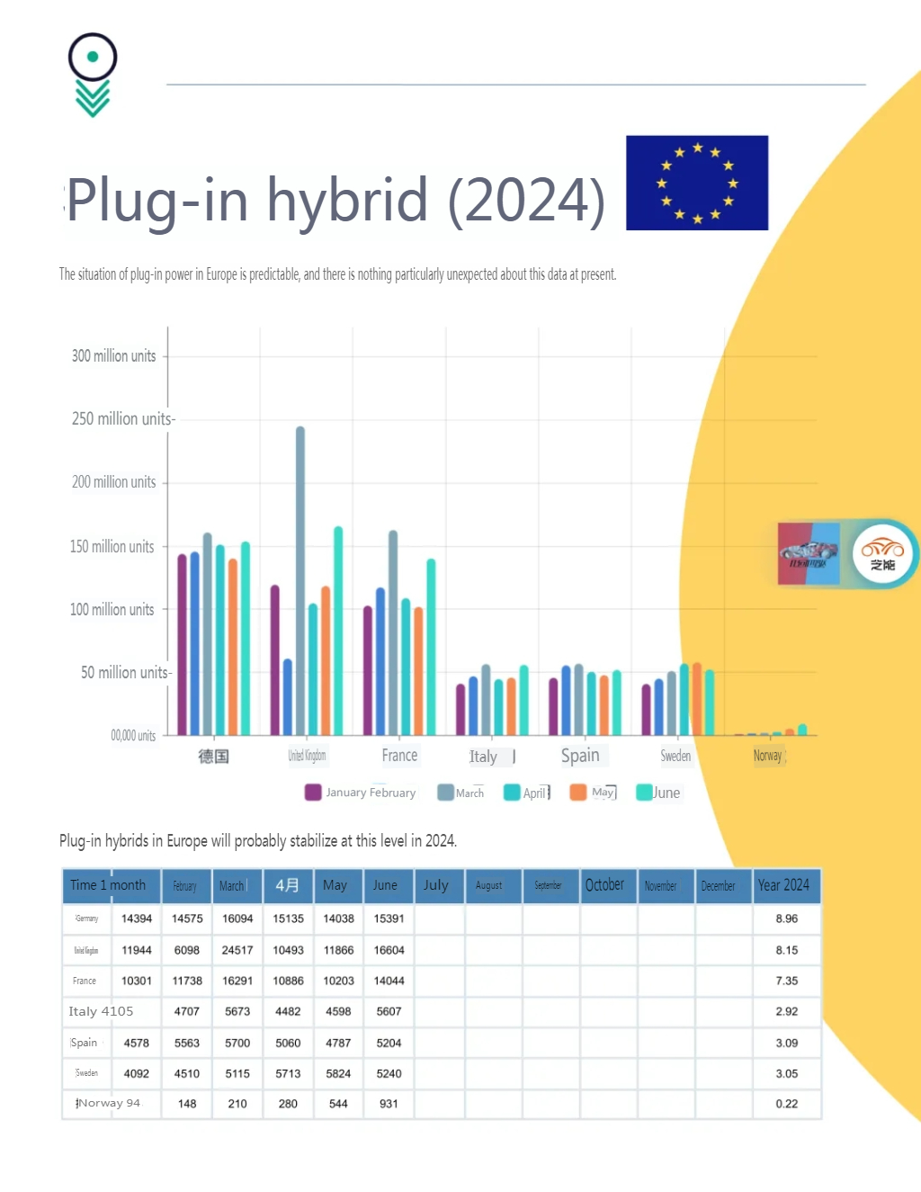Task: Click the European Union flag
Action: pos(697,183)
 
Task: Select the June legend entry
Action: pos(658,793)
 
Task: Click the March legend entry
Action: pos(460,793)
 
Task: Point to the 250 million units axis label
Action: pos(122,419)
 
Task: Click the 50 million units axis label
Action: pos(125,673)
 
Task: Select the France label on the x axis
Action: pos(399,756)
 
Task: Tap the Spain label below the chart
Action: pos(580,756)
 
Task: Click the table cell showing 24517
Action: pos(237,950)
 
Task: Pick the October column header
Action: pos(604,885)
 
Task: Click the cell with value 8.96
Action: pos(787,919)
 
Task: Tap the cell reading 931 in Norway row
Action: pos(389,1104)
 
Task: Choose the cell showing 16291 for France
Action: pos(237,981)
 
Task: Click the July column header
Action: pos(436,885)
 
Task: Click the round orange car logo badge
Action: pos(882,553)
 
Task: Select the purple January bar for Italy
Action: pos(460,710)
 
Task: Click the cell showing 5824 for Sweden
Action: pos(338,1073)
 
